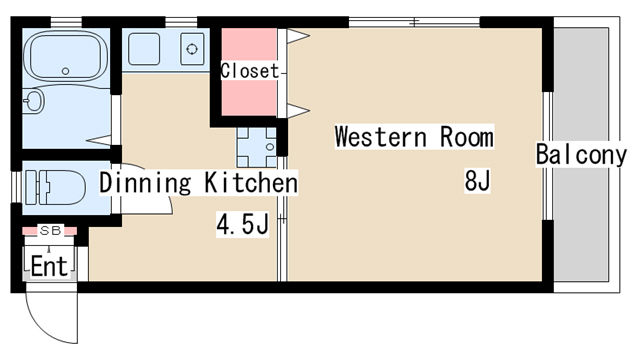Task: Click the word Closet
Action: coord(249,71)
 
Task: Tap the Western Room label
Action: coord(414,136)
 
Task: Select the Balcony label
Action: coord(581,154)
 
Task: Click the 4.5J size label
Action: coord(242,224)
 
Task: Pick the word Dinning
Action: coord(145,182)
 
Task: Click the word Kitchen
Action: coord(251,182)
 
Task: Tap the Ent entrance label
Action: coord(49,267)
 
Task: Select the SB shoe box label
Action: coord(50,230)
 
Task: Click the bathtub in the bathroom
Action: coord(65,56)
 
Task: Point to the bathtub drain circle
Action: coord(65,71)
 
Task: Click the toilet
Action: coord(54,187)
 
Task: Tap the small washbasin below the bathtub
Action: coord(33,100)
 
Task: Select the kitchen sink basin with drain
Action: coord(192,49)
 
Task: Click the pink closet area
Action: coord(249,72)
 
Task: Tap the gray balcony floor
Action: coord(581,154)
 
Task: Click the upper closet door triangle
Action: coord(298,36)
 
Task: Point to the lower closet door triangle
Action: coord(298,111)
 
